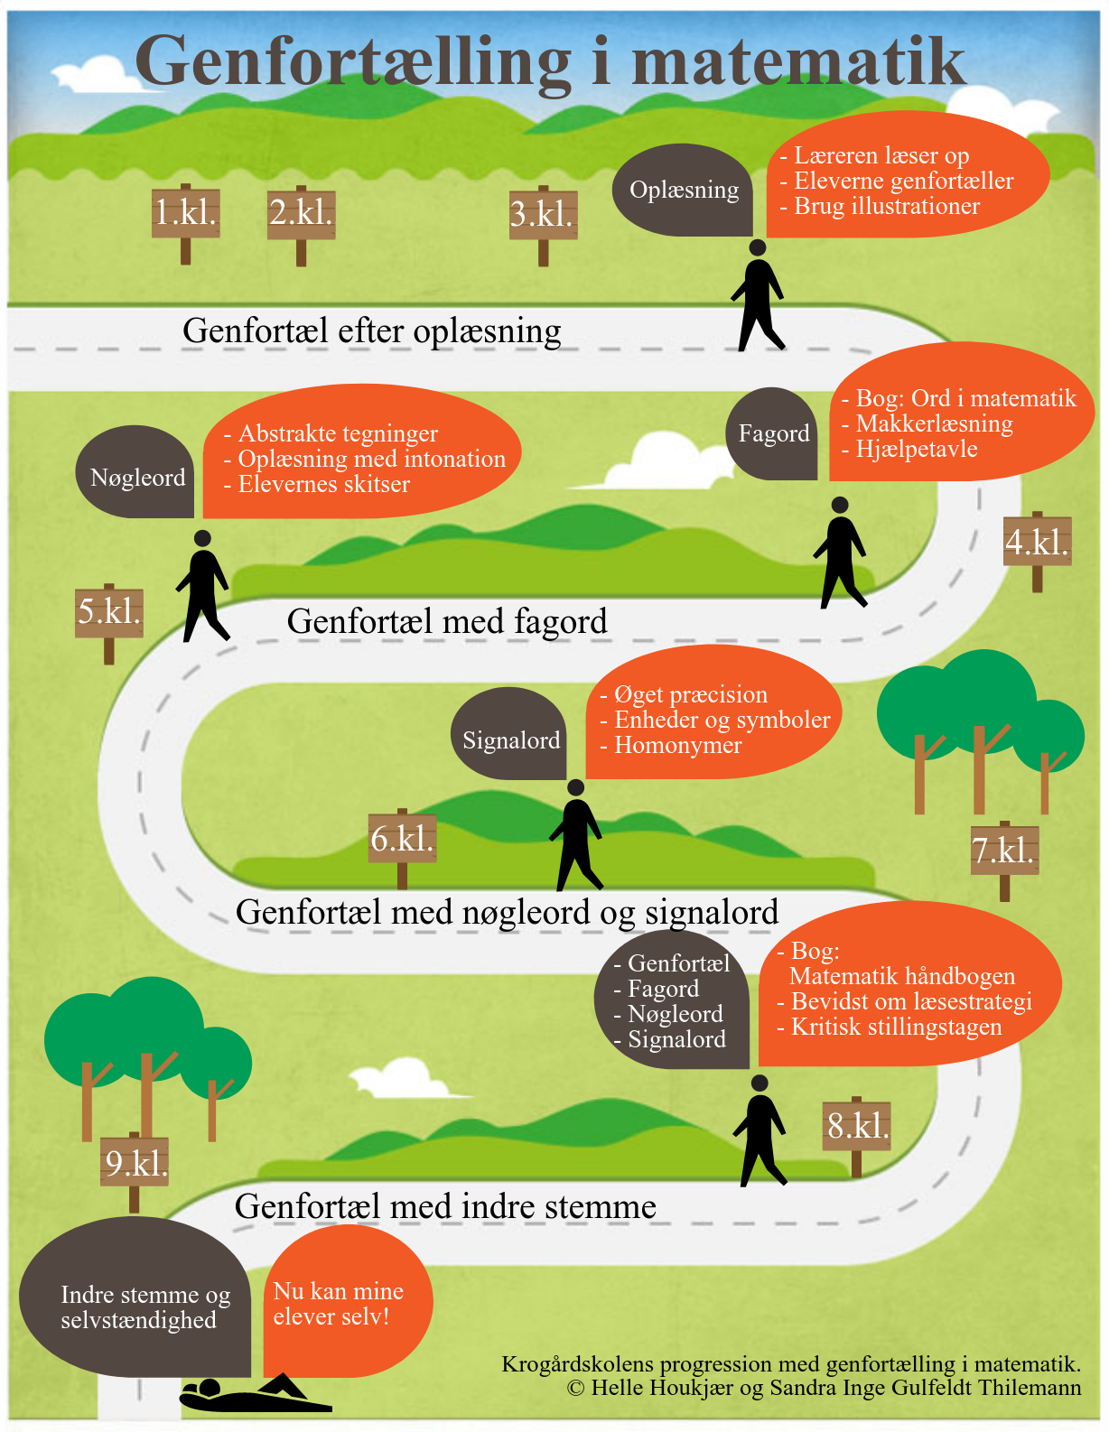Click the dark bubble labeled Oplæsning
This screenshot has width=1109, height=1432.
click(x=683, y=191)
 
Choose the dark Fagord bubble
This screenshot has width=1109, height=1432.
click(x=772, y=433)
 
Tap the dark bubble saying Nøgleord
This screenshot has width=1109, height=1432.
click(x=135, y=472)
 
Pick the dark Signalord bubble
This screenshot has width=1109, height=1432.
click(x=508, y=733)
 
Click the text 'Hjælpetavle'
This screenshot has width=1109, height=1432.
click(x=917, y=450)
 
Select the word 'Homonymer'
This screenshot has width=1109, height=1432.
click(x=677, y=745)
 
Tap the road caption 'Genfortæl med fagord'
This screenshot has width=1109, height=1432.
click(x=447, y=621)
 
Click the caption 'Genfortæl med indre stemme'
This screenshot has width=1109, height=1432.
click(x=445, y=1206)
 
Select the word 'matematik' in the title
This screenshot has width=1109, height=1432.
click(x=798, y=62)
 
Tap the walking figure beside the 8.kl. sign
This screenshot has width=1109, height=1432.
click(x=760, y=1130)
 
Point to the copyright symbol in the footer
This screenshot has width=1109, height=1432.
click(x=575, y=1388)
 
